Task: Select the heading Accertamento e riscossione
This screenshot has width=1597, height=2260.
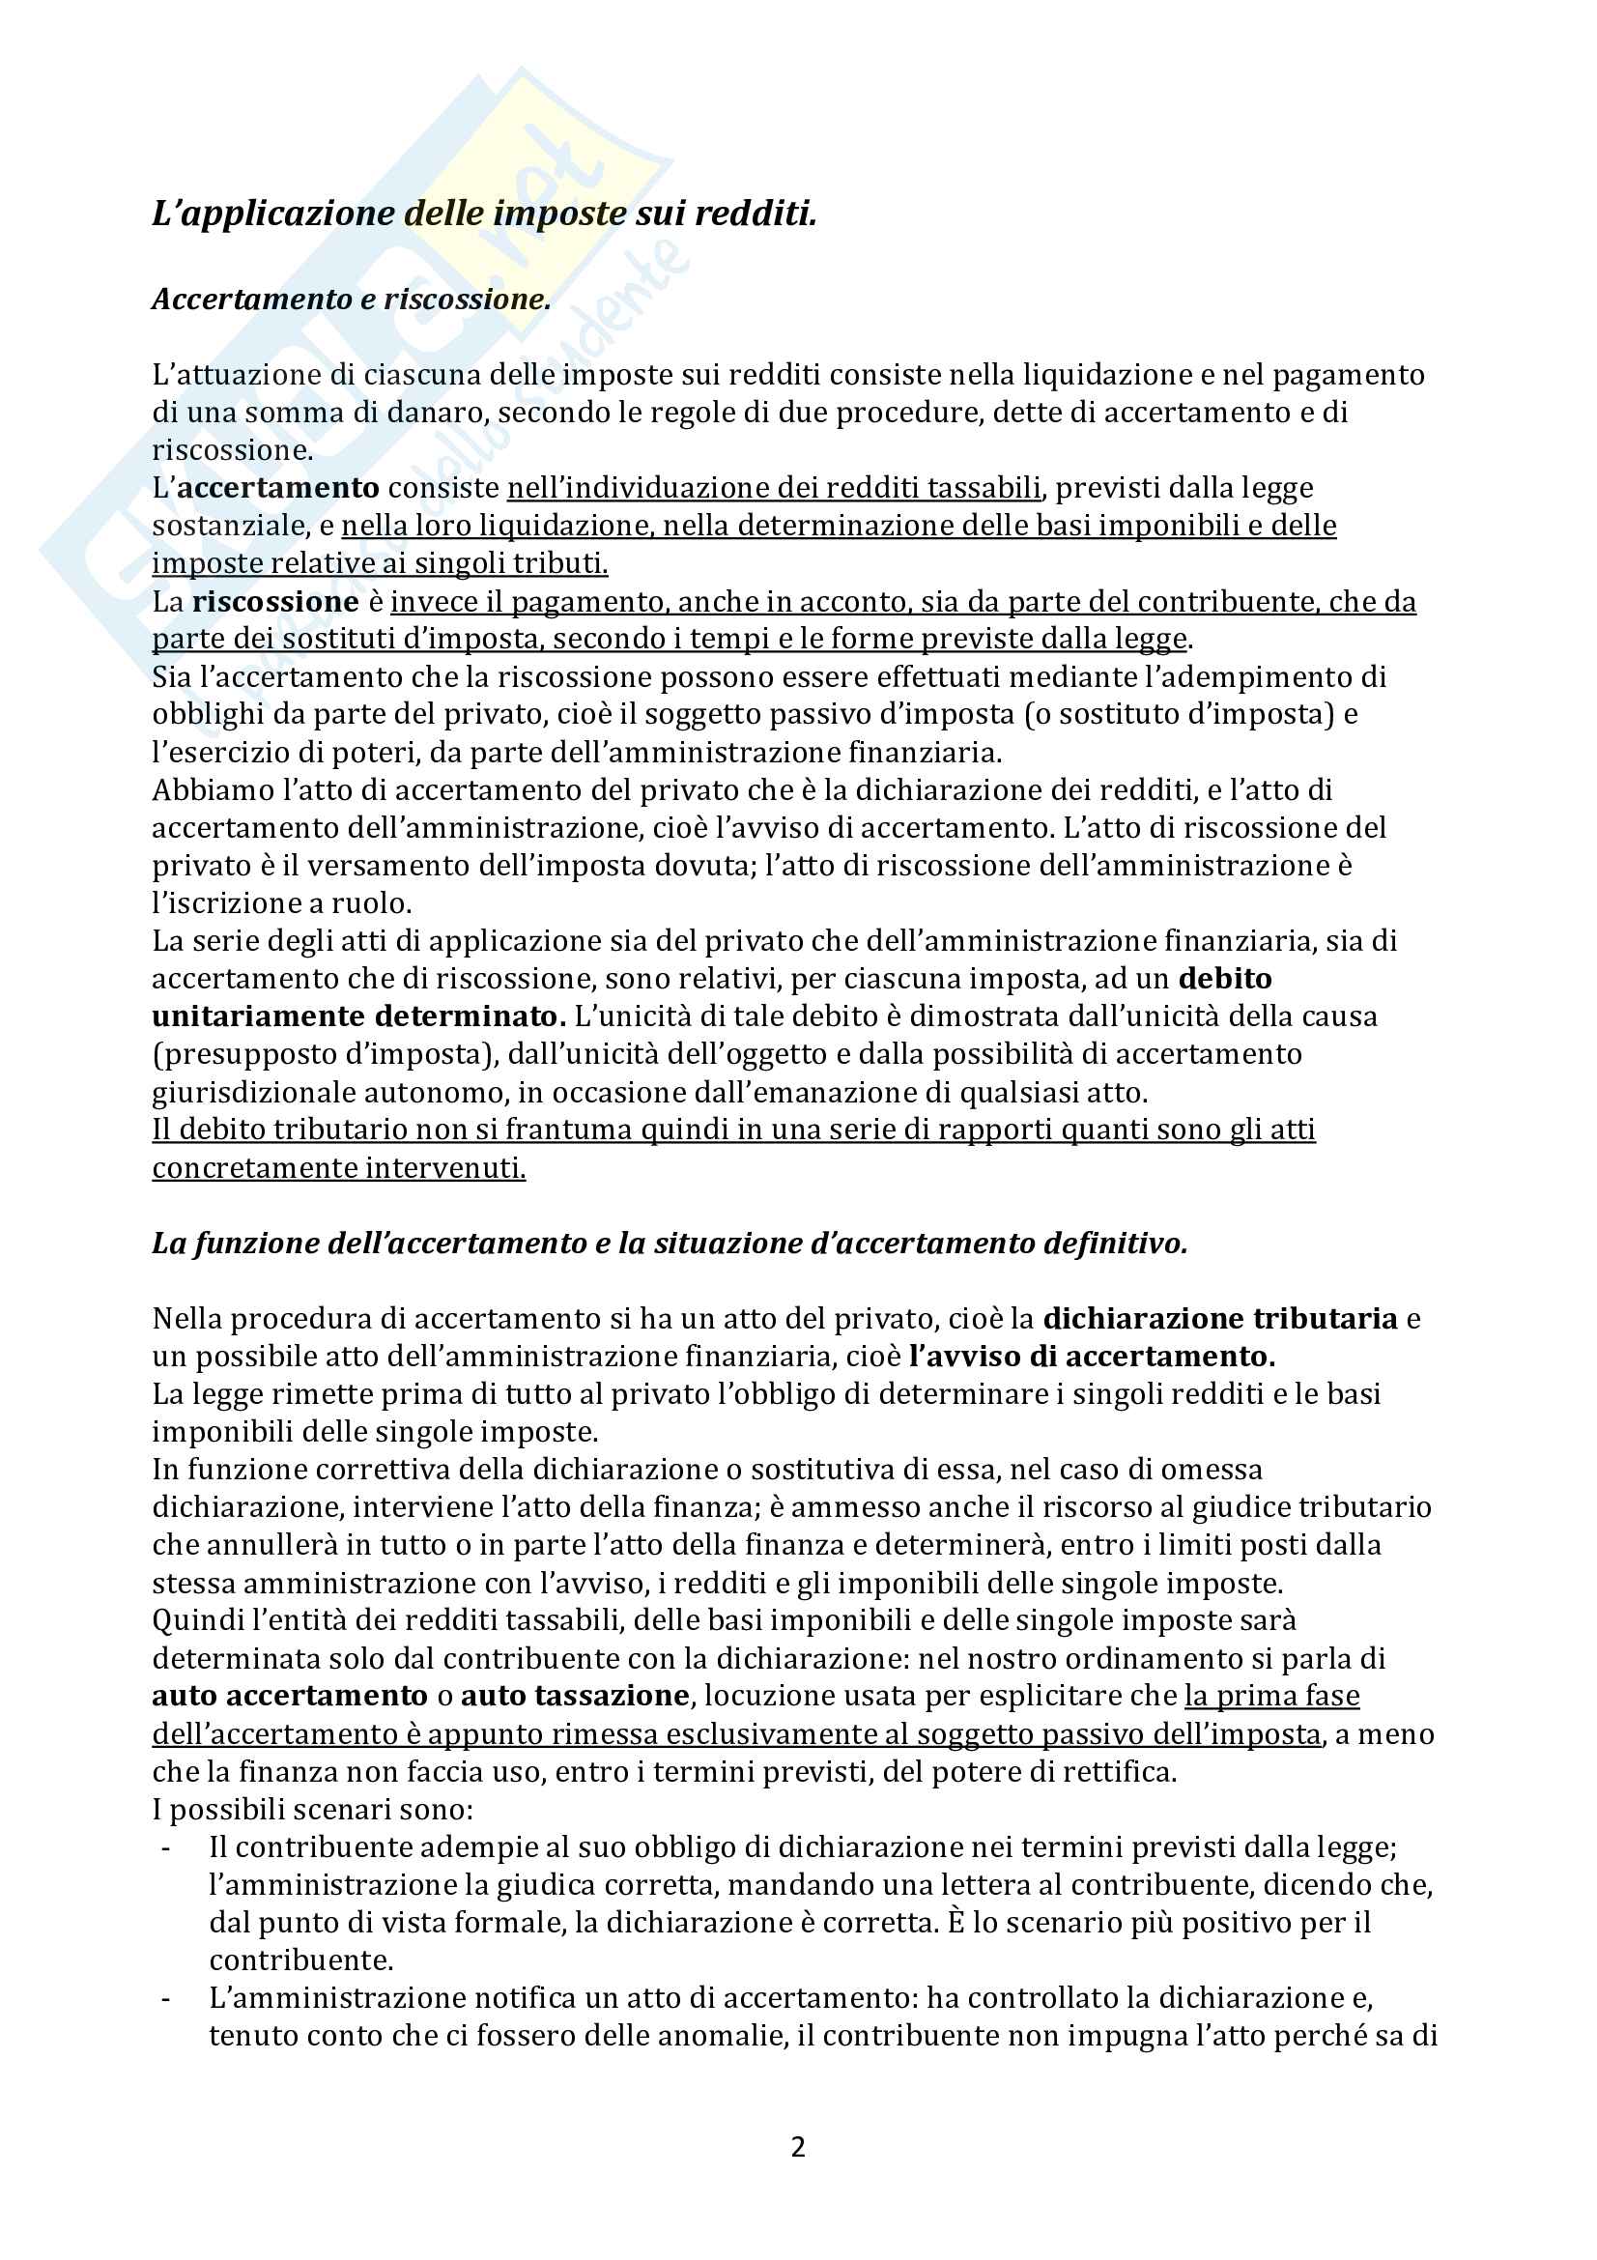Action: (352, 300)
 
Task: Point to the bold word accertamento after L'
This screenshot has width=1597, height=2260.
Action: (278, 487)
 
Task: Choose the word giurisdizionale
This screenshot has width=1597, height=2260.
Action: (254, 1092)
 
